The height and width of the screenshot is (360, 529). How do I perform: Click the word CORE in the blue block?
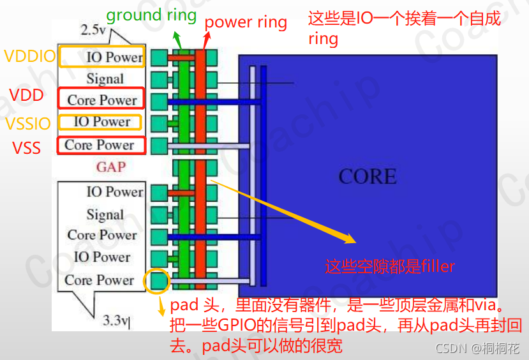(367, 176)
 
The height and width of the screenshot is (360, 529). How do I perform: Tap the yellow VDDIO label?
(30, 56)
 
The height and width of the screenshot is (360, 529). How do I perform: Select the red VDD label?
(27, 96)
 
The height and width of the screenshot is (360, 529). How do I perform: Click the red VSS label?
(27, 149)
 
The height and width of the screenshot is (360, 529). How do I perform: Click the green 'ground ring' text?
(151, 15)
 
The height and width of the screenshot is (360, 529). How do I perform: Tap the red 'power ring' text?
(246, 23)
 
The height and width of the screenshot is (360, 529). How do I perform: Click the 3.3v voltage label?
(116, 320)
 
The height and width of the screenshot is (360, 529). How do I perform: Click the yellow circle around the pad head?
(157, 281)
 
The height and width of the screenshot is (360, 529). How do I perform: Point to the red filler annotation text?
(389, 266)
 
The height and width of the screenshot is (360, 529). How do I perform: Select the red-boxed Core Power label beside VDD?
(101, 100)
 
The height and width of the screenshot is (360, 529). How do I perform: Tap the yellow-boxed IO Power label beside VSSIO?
(102, 121)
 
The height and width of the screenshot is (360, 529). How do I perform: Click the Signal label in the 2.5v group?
(105, 79)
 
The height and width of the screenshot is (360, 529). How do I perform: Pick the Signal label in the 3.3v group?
(105, 214)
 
